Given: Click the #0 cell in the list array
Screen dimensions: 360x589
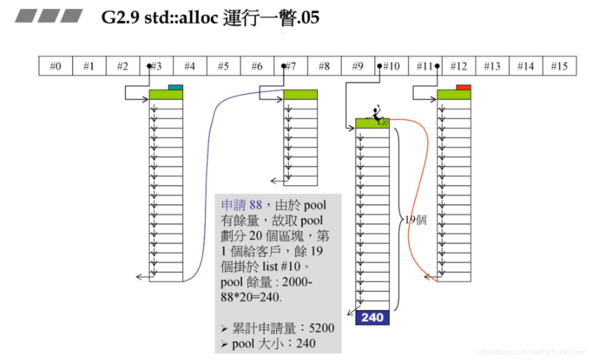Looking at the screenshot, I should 55,66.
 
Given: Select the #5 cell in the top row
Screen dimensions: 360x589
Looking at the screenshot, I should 224,66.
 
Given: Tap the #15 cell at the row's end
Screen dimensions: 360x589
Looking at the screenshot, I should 560,66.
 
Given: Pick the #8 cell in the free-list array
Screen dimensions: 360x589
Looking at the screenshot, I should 324,66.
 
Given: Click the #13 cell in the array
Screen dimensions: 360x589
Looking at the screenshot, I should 492,66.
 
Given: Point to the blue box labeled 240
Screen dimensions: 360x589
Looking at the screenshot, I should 372,317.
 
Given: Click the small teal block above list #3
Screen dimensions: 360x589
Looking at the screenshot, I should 175,87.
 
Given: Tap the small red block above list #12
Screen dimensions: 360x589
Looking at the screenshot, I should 463,87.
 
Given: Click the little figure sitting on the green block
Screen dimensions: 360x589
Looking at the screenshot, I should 377,114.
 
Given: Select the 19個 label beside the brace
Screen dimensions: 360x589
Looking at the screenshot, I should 416,220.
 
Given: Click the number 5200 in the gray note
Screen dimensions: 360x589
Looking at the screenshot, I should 321,328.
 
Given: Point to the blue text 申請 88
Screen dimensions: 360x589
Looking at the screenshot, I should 241,205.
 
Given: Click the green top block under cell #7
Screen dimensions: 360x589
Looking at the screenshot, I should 300,95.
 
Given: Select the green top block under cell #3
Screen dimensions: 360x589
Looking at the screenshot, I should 166,95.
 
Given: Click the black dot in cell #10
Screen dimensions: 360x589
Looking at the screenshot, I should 379,66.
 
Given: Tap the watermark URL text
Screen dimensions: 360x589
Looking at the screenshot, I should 531,352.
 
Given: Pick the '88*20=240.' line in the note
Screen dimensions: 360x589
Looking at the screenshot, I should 250,297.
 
